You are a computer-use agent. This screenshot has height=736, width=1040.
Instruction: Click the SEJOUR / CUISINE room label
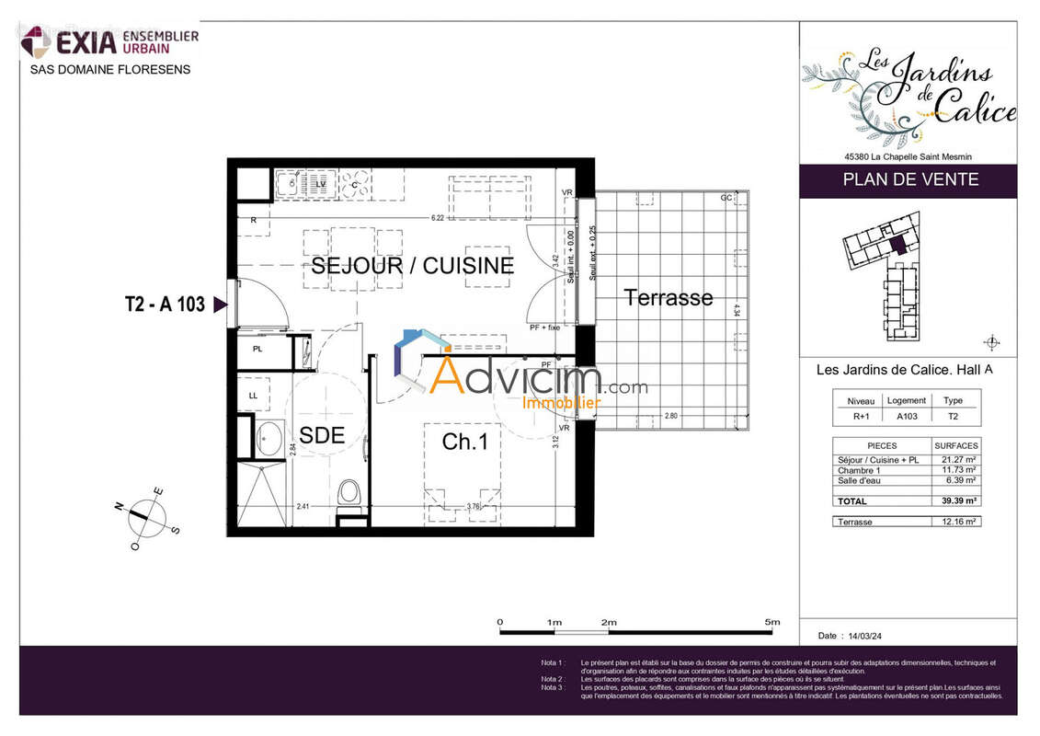[x=412, y=266]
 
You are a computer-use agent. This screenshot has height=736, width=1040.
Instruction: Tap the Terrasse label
[x=669, y=297]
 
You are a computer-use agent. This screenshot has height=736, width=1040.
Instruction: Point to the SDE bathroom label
[x=322, y=436]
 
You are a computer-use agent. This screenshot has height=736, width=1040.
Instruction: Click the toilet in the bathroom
[x=349, y=492]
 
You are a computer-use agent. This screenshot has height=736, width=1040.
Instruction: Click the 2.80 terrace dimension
[x=672, y=417]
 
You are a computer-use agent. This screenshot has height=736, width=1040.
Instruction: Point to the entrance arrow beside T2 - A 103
[x=219, y=305]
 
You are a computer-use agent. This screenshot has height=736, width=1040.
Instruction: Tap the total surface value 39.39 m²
[x=957, y=501]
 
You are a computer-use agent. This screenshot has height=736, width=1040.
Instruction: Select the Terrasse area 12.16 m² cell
[x=957, y=522]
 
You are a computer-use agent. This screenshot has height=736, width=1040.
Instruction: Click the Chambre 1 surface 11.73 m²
[x=957, y=470]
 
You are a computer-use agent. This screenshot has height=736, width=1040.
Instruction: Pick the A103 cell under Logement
[x=908, y=415]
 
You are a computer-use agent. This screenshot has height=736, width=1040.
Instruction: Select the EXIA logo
[x=110, y=41]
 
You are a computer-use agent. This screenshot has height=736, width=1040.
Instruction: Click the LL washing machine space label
[x=252, y=396]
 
